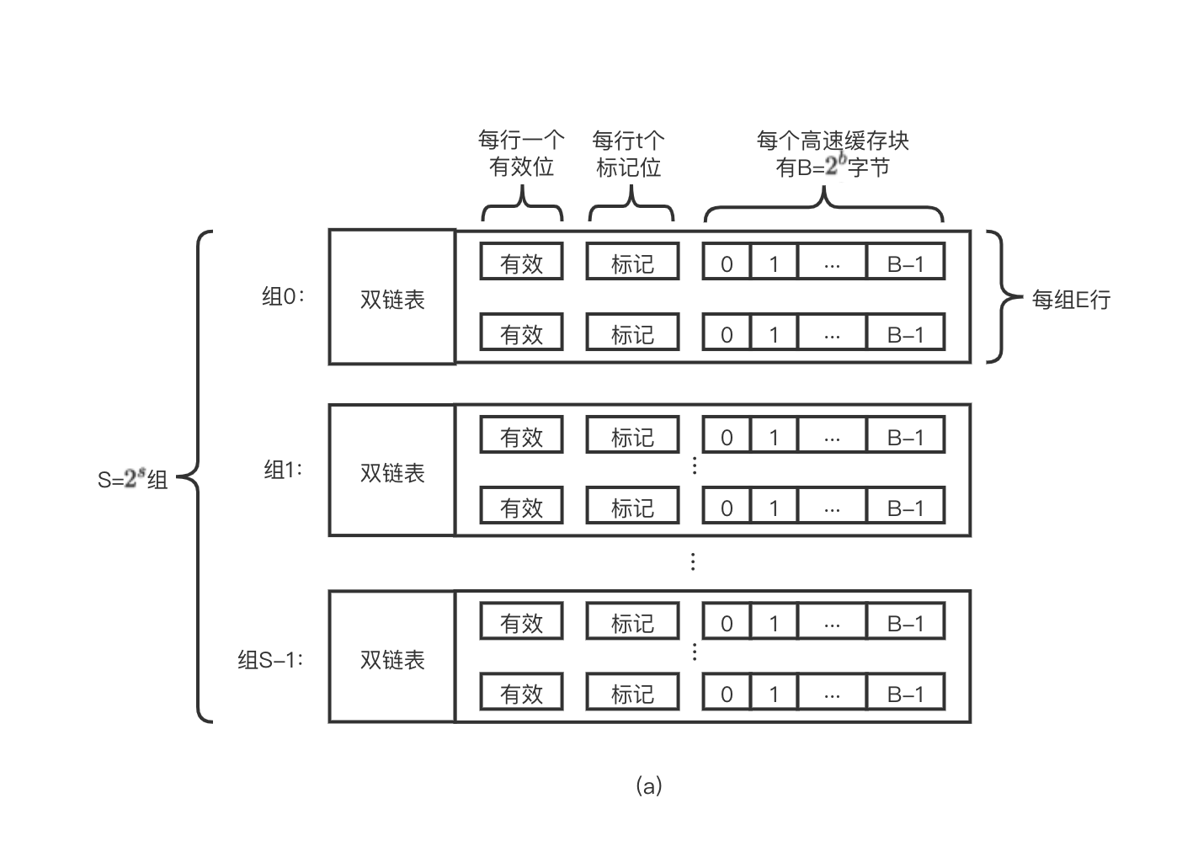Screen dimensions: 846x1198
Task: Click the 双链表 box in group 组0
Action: click(x=392, y=298)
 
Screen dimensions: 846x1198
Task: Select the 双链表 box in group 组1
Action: click(x=392, y=471)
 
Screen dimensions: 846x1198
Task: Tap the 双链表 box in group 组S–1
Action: click(x=392, y=658)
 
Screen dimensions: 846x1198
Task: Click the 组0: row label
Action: click(x=282, y=296)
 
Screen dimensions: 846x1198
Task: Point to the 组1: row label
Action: click(x=283, y=469)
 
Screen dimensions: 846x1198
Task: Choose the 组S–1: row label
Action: click(x=269, y=659)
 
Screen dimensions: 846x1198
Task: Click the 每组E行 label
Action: click(x=1071, y=299)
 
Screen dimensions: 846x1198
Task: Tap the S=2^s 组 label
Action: click(x=133, y=480)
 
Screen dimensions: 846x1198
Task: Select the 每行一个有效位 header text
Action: click(x=521, y=153)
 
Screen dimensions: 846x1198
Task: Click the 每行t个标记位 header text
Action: click(x=629, y=153)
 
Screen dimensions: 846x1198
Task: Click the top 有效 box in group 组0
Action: click(x=521, y=263)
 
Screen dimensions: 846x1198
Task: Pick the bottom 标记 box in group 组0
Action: click(x=632, y=333)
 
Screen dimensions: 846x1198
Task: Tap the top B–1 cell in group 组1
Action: click(x=905, y=437)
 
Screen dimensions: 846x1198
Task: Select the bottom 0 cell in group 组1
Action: click(x=727, y=508)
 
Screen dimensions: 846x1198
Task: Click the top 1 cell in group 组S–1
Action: click(x=774, y=623)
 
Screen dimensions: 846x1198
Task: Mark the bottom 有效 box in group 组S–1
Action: click(x=521, y=693)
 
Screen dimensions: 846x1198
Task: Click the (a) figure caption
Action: click(x=648, y=785)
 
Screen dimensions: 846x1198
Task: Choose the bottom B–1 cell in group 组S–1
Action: click(x=905, y=693)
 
